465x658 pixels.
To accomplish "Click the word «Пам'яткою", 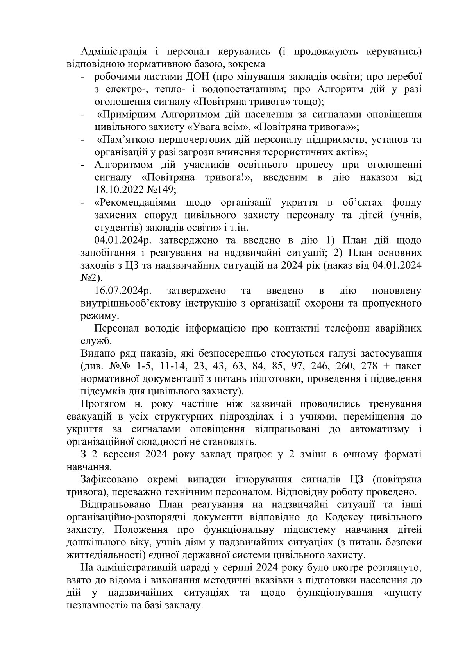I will (x=127, y=140).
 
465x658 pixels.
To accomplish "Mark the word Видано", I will (x=96, y=354).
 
